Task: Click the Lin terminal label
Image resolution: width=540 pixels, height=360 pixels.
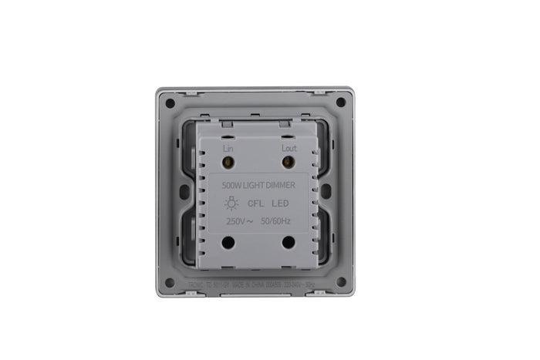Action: (228, 147)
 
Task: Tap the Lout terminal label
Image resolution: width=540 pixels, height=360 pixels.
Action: (289, 147)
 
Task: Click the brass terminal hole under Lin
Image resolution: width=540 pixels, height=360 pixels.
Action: (228, 163)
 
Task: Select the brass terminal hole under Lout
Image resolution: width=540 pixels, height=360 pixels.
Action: (289, 163)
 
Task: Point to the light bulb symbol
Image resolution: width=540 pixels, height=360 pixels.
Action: (231, 204)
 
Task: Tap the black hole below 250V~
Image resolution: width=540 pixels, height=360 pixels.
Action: (228, 242)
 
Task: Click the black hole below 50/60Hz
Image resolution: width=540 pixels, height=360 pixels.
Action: (289, 242)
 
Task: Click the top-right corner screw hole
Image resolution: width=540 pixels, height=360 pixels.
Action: (340, 102)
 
